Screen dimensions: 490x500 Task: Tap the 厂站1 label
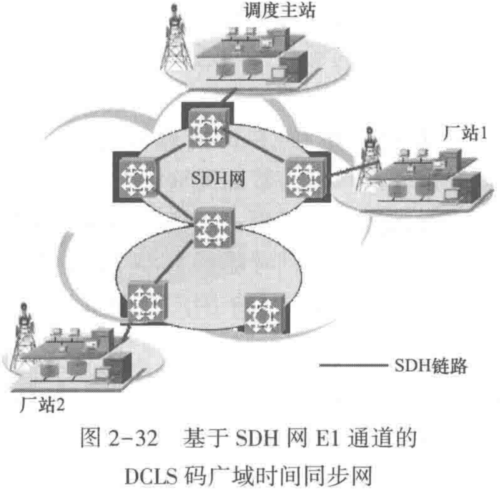coord(464,133)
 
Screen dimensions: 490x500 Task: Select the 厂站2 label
coord(42,405)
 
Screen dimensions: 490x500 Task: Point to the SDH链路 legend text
coord(431,366)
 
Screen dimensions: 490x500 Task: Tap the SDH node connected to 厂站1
coord(304,178)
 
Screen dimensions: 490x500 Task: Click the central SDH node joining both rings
coord(213,228)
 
